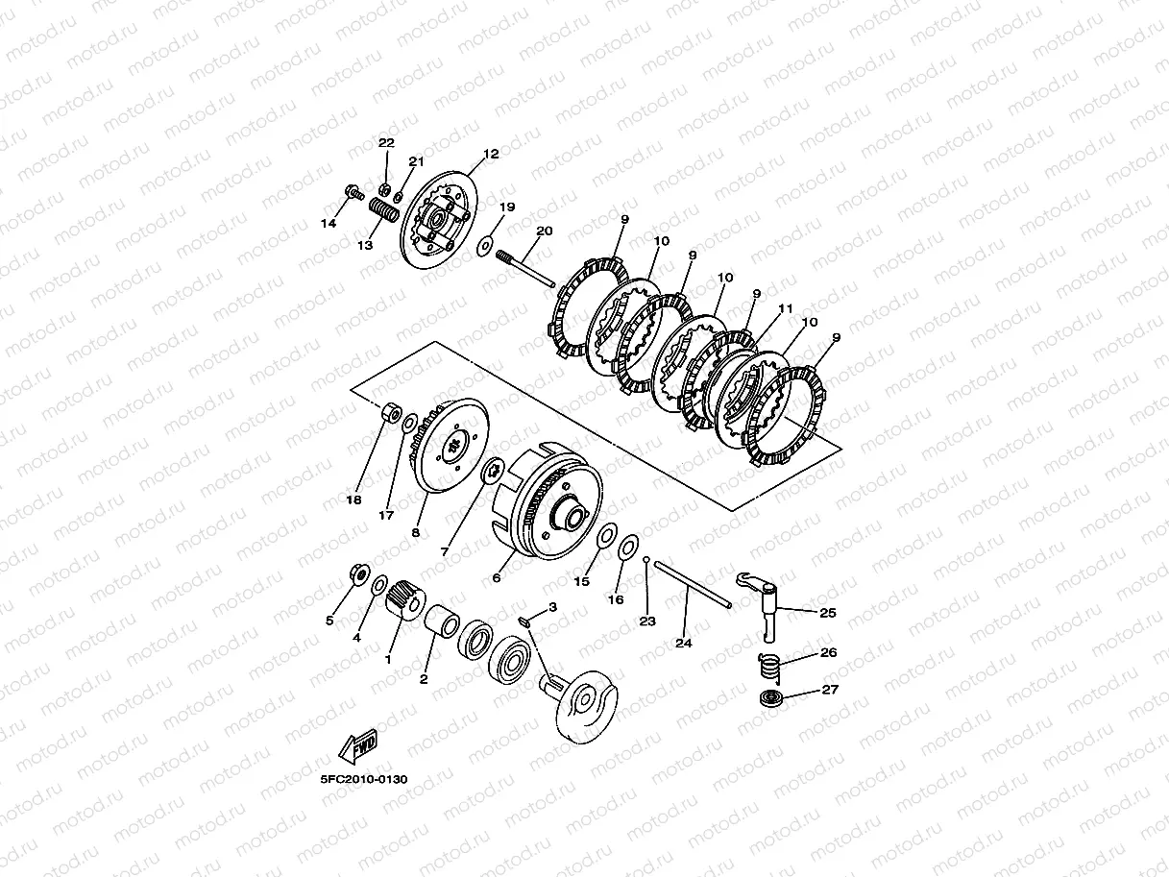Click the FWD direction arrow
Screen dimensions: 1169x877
[x=358, y=745]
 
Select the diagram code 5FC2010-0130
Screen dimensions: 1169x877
[x=364, y=780]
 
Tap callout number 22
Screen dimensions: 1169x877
[x=386, y=143]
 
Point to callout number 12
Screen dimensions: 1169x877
[x=491, y=154]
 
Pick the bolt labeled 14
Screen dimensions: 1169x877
[x=353, y=192]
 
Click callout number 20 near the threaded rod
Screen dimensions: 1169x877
[x=545, y=231]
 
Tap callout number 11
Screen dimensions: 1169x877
[x=786, y=308]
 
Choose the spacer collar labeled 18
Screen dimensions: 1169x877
[x=392, y=413]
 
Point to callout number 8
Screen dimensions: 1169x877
[x=415, y=532]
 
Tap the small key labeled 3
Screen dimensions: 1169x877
[x=524, y=621]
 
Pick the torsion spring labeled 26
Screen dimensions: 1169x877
[x=769, y=668]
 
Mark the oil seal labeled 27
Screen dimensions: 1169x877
[x=769, y=698]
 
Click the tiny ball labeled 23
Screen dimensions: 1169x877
[x=646, y=560]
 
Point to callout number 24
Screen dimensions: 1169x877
[x=684, y=643]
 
